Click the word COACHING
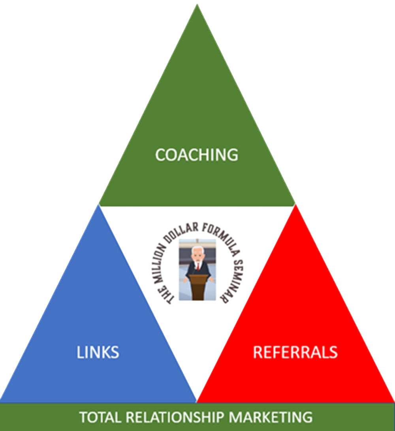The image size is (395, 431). [x=197, y=155]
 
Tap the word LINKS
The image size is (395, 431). [x=98, y=352]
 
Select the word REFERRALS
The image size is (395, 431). [x=295, y=352]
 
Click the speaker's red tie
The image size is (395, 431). [x=197, y=265]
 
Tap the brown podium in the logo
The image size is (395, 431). [x=197, y=287]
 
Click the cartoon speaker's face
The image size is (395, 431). [x=197, y=255]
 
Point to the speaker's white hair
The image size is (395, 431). [x=197, y=249]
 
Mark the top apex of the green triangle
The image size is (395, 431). [x=197, y=5]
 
